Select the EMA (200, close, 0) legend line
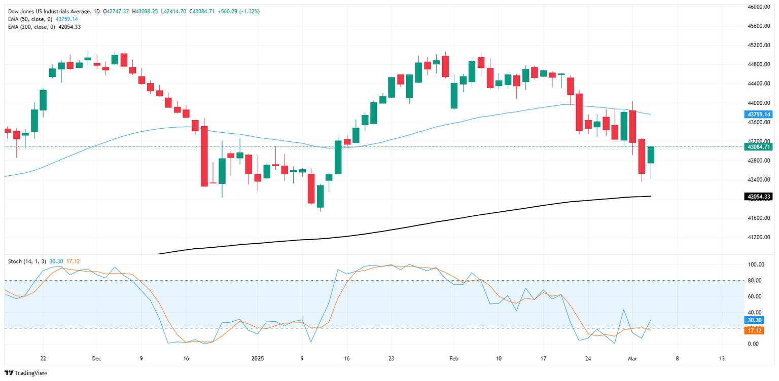click(x=31, y=27)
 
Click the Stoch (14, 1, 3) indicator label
click(x=27, y=261)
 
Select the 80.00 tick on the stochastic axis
click(x=753, y=280)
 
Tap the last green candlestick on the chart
click(x=650, y=155)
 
